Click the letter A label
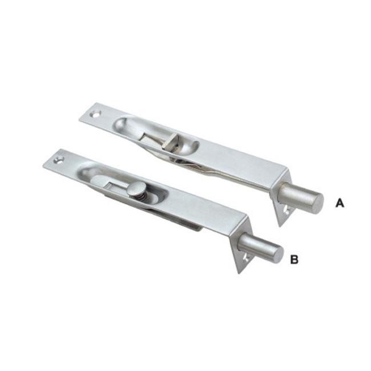[340, 203]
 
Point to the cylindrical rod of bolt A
[300, 198]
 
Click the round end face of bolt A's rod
[317, 204]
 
